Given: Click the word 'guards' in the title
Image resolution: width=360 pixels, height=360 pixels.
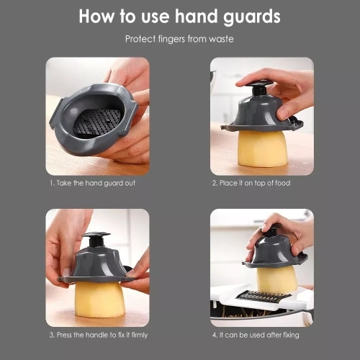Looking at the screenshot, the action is (252, 17).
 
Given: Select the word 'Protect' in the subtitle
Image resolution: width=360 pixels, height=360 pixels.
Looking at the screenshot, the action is (140, 39).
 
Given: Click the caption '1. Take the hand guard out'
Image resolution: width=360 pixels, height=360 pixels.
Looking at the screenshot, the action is (92, 183).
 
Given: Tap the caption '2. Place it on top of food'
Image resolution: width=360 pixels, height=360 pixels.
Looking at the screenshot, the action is (251, 183).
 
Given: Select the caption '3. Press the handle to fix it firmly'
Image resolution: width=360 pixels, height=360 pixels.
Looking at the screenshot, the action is (99, 335).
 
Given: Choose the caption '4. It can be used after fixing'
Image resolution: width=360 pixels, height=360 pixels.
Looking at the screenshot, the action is (256, 335).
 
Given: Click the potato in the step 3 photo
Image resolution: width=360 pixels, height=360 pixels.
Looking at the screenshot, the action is (100, 300).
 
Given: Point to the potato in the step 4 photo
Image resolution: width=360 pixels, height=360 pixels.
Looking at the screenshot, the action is (276, 279).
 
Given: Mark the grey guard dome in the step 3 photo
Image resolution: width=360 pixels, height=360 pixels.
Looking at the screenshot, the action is (96, 265).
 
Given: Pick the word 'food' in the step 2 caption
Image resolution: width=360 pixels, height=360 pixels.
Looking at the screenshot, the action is (282, 183).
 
